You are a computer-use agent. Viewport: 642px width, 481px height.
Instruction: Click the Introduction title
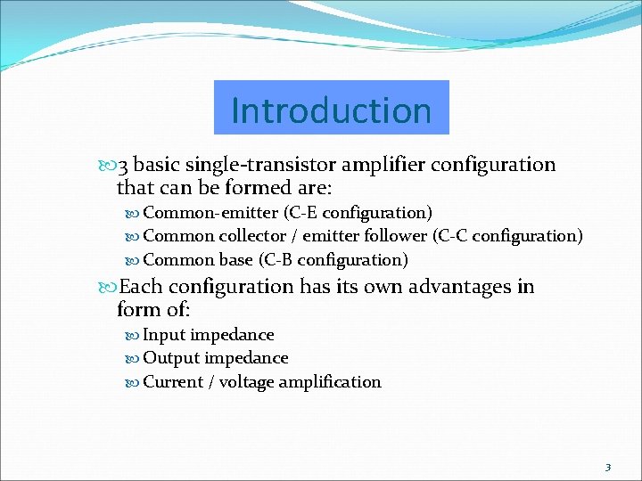[331, 110]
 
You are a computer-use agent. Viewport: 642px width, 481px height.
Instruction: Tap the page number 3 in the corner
[607, 467]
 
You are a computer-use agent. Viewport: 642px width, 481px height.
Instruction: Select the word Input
[164, 335]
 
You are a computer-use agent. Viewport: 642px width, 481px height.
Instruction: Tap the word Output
[171, 358]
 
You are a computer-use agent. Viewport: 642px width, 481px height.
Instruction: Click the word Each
[141, 287]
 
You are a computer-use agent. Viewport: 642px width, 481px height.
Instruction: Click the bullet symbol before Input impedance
[134, 336]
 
